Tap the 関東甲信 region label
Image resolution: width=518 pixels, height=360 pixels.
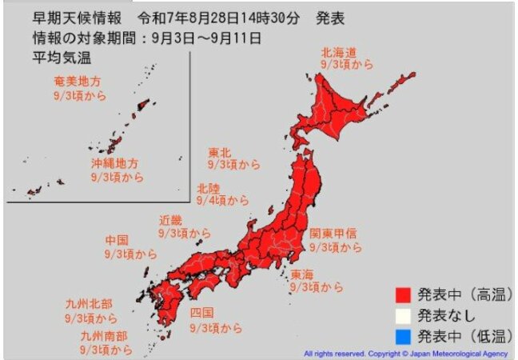click(335, 234)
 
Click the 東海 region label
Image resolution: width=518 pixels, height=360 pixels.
click(302, 274)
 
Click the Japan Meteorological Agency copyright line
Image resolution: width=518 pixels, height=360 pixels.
click(407, 353)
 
